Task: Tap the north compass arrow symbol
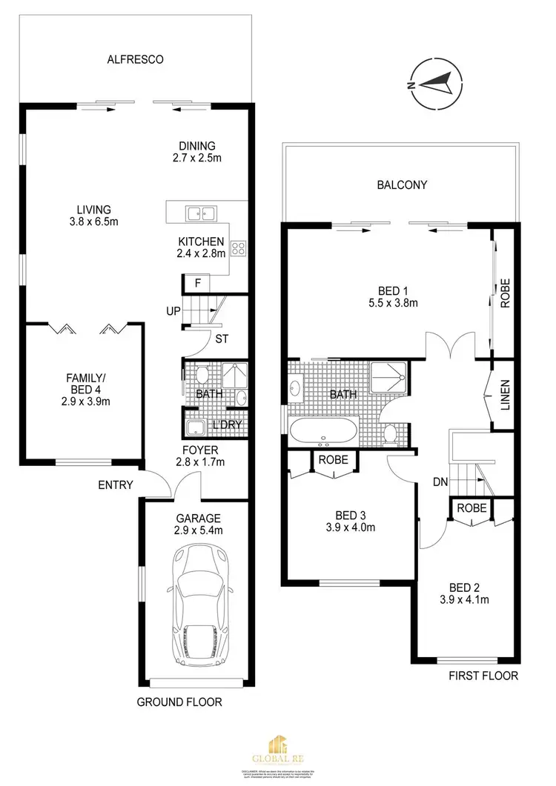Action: pos(438,84)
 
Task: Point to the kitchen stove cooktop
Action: pos(239,248)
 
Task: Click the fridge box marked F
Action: pos(197,283)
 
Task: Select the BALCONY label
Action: pos(402,185)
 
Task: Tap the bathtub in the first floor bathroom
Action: pos(323,430)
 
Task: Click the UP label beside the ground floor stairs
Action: pos(173,310)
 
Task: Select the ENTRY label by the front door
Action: pos(115,485)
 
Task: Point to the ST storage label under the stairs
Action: pos(221,340)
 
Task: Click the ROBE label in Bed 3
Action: pos(333,460)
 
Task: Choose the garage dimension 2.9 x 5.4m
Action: pos(198,530)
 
